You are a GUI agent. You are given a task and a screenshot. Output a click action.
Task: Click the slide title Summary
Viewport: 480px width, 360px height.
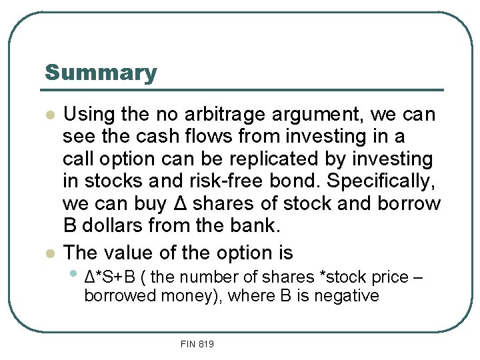(101, 73)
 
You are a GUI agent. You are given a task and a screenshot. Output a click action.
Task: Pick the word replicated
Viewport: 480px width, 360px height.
(282, 160)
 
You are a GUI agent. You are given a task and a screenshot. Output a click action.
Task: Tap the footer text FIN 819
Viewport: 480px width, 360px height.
(197, 344)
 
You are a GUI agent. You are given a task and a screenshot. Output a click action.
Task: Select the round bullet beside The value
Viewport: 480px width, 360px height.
(48, 253)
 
